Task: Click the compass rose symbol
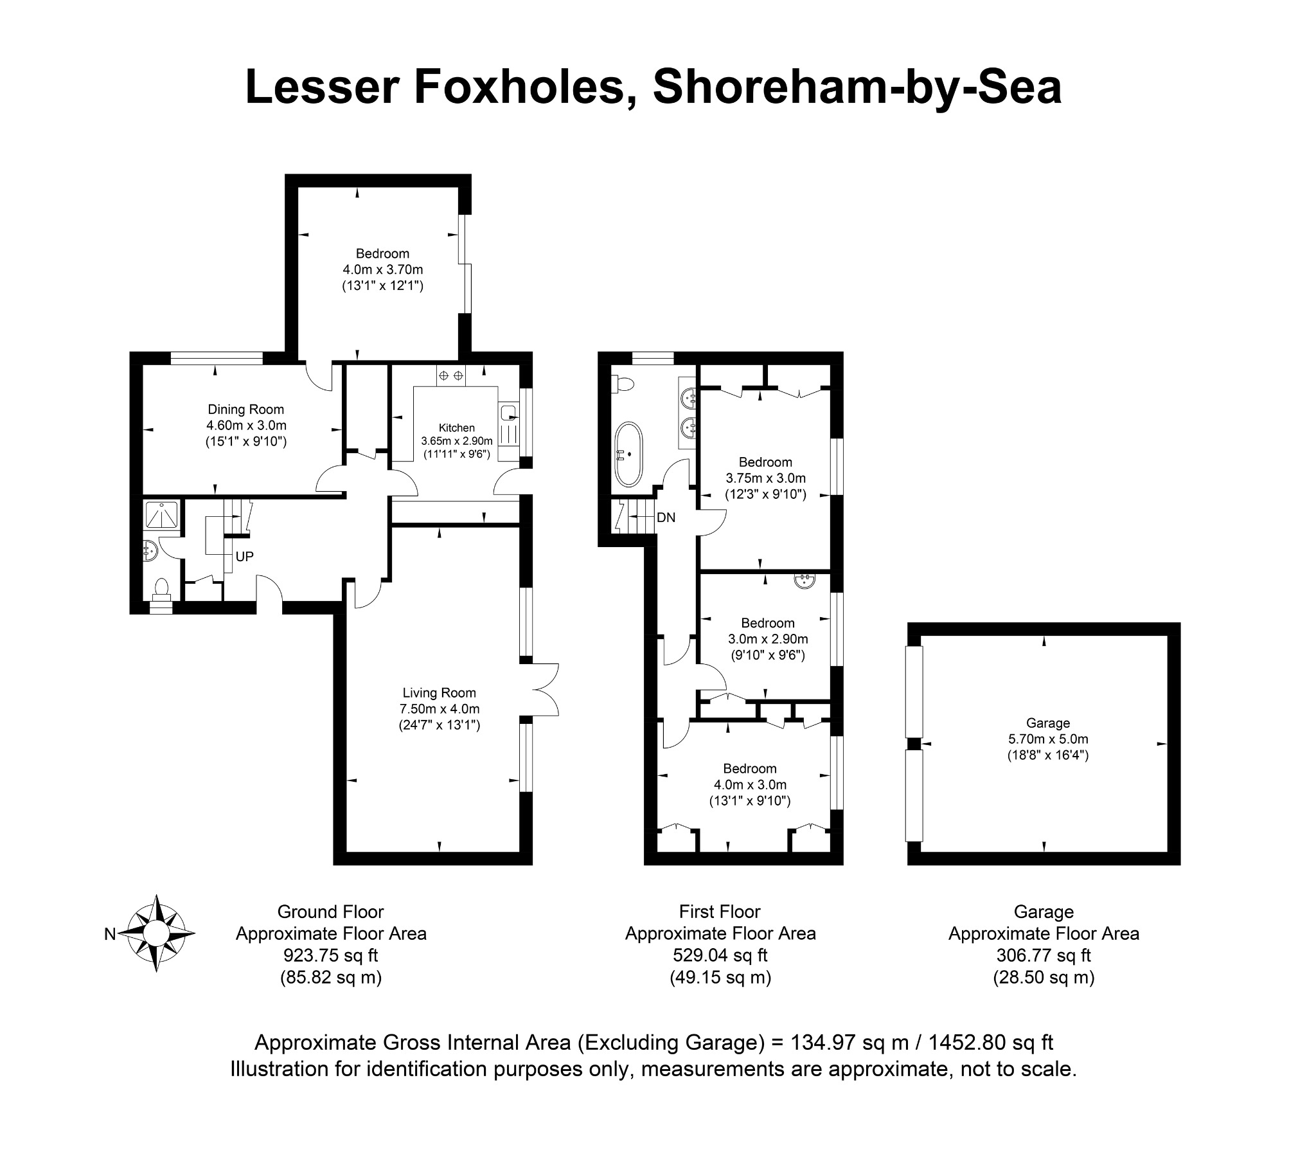click(x=156, y=933)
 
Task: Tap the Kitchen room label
click(x=456, y=428)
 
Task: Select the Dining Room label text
click(x=245, y=410)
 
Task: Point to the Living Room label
click(x=439, y=693)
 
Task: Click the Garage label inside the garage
click(x=1047, y=723)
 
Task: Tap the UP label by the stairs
click(x=244, y=557)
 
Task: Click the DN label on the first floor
click(x=666, y=517)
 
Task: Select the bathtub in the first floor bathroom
click(x=628, y=455)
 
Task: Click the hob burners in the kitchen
click(x=451, y=375)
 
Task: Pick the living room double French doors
click(x=544, y=689)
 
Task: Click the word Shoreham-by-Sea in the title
click(x=857, y=88)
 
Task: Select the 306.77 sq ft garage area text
click(x=1044, y=956)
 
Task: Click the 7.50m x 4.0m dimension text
click(x=440, y=709)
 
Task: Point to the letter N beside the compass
click(x=110, y=935)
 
